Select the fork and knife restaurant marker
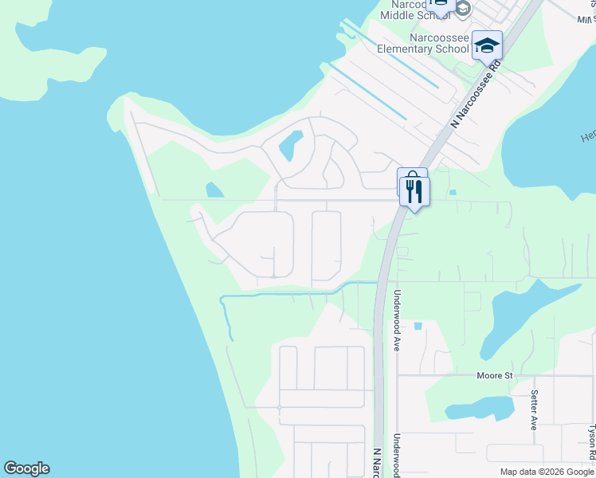tap(414, 191)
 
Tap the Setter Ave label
tap(534, 409)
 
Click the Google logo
tap(26, 468)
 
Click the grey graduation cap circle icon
tap(463, 8)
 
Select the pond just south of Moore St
tap(477, 410)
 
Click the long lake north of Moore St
tap(510, 319)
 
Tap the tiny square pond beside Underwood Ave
tap(418, 326)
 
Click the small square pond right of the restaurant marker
tap(452, 192)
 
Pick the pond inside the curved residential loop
tap(288, 145)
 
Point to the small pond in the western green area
tap(213, 190)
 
